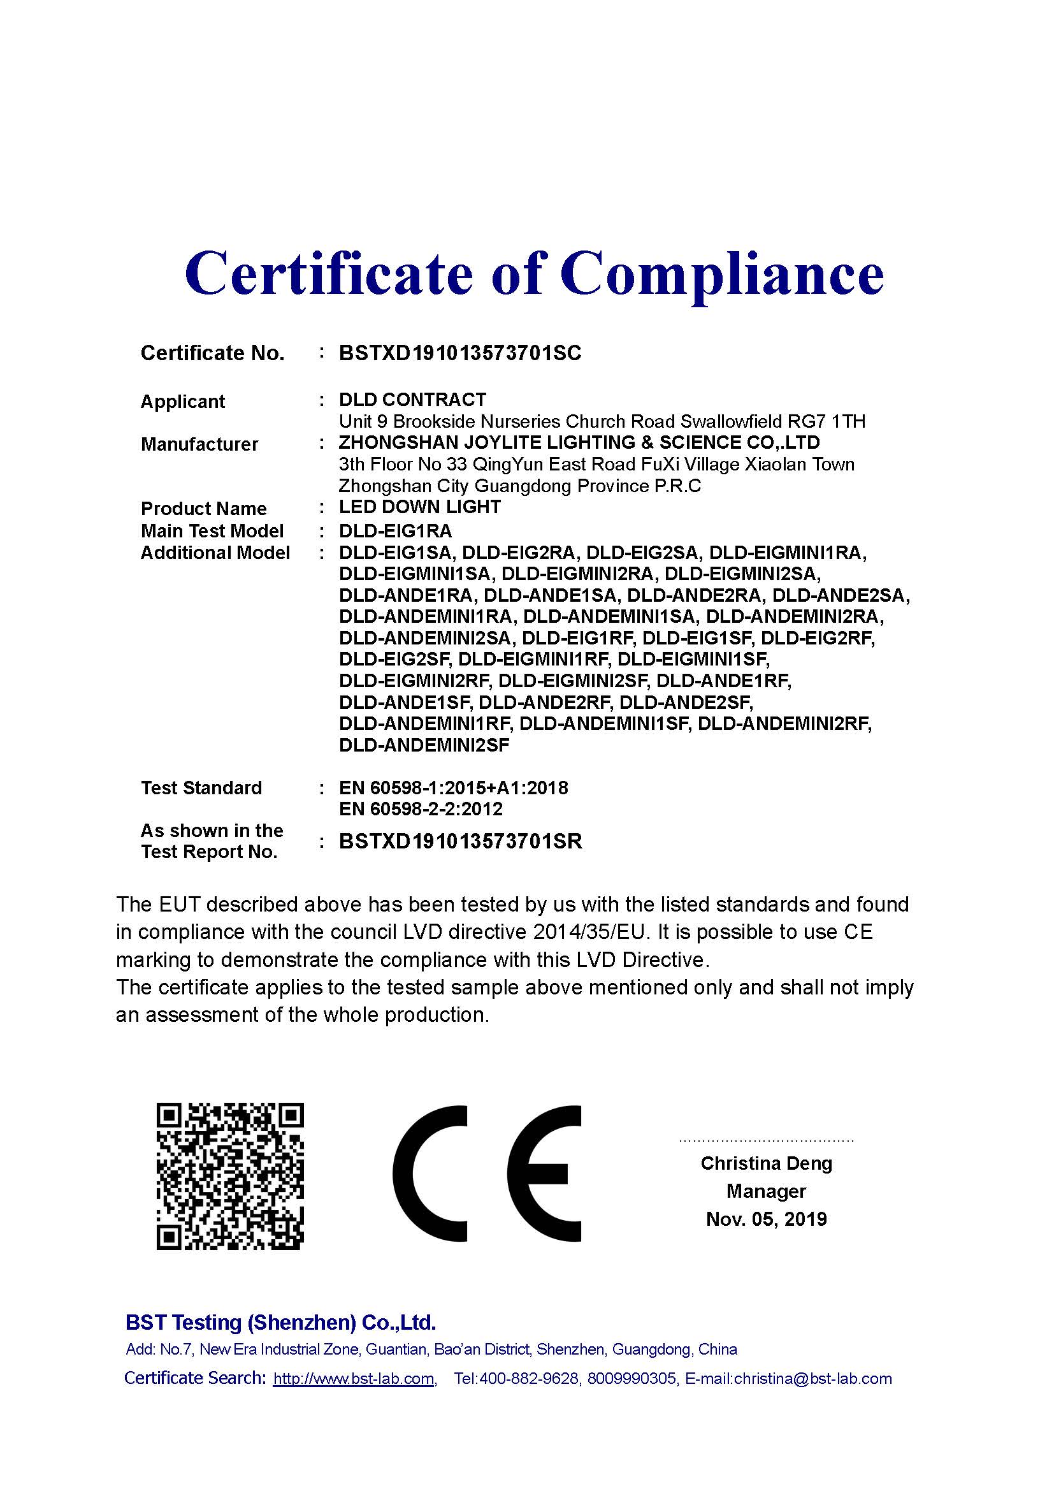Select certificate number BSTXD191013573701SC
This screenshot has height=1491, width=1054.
tap(460, 353)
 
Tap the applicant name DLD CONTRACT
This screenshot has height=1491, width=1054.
tap(412, 400)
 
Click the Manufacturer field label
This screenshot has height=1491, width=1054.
tap(199, 444)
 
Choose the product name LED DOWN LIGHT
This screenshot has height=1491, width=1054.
tap(420, 507)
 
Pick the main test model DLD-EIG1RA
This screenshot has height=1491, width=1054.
tap(395, 530)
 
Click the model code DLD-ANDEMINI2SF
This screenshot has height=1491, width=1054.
tap(424, 745)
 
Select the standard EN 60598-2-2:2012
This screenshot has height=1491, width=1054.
tap(421, 808)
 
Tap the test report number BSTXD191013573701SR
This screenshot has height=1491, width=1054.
tap(460, 841)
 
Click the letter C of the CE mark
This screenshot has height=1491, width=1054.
tap(428, 1174)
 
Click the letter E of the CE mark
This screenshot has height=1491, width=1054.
tap(543, 1174)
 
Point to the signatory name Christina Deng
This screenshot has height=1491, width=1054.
tap(766, 1163)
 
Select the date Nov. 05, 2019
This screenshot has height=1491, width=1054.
tap(766, 1219)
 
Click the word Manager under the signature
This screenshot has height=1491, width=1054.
tap(766, 1191)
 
